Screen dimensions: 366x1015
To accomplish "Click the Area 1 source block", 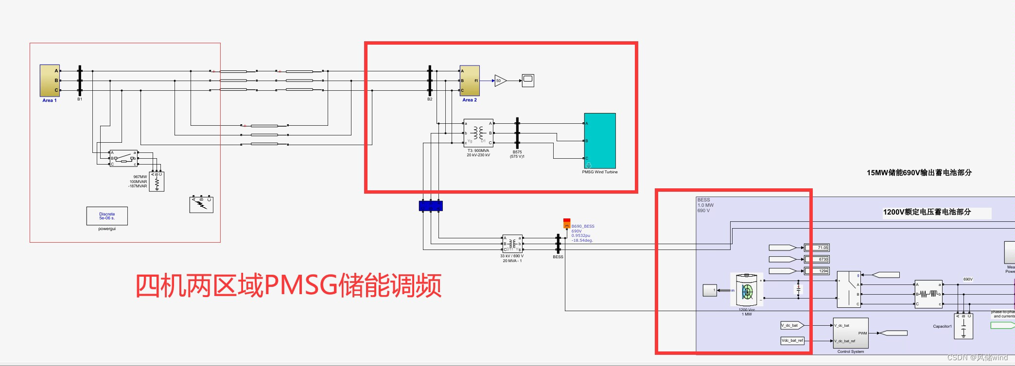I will (50, 81).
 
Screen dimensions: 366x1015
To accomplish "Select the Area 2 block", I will (470, 81).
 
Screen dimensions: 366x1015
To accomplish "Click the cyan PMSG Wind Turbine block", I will (600, 141).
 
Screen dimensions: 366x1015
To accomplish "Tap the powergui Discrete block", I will (107, 216).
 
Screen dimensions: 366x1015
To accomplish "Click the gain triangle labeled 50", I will (500, 81).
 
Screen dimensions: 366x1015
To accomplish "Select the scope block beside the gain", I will (528, 81).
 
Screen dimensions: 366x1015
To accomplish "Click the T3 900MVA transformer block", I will (478, 133).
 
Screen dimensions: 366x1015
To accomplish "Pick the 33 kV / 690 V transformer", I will (512, 244).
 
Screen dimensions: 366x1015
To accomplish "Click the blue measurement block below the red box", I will (431, 206).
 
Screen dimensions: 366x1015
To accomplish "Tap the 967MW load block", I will (157, 182).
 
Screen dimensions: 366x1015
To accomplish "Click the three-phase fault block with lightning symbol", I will (201, 204).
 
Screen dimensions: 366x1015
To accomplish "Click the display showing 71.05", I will (817, 248).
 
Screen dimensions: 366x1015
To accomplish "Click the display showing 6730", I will (817, 259).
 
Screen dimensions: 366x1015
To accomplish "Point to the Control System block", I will (851, 333).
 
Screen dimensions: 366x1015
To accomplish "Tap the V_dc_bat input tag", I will (791, 325).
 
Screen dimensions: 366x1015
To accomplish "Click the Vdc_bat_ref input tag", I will (792, 340).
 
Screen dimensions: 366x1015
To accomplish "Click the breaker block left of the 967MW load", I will (123, 158).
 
